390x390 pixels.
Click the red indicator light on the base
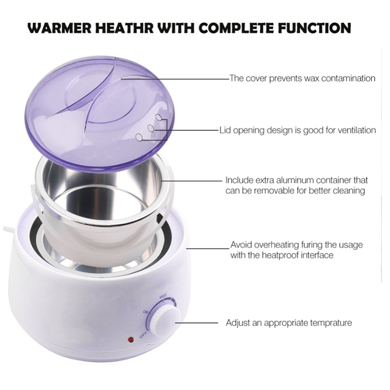tap(131, 339)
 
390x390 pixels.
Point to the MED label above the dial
tap(163, 296)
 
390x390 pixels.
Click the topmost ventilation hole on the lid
tap(158, 117)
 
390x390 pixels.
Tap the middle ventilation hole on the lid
tap(151, 128)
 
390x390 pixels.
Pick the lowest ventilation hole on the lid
tap(139, 137)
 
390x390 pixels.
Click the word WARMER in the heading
tap(59, 28)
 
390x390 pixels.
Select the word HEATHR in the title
tap(125, 28)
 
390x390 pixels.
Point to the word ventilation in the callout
tap(356, 130)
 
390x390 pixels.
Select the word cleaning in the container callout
tap(349, 191)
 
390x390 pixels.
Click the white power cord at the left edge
tap(9, 230)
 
